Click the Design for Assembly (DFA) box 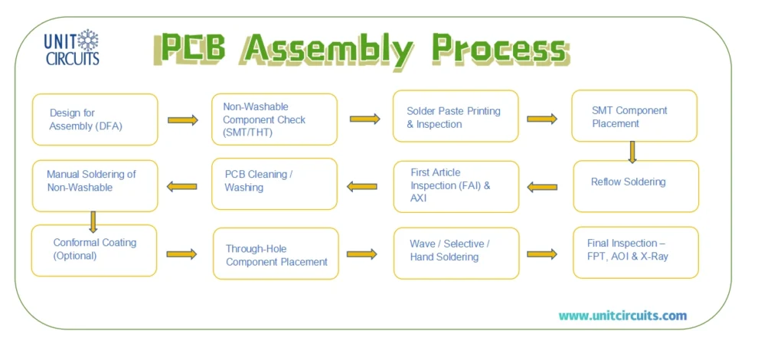point(94,119)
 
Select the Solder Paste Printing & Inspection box point(456,116)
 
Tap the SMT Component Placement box point(634,116)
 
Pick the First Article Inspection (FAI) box point(456,186)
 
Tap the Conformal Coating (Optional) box point(94,250)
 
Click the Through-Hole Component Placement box point(276,254)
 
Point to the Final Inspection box point(635,252)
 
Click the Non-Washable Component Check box point(274,119)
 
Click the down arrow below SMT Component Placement point(632,152)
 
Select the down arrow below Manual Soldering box point(93,221)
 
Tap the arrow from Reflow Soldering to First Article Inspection point(542,186)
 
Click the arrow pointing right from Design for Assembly point(183,120)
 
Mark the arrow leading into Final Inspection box point(542,254)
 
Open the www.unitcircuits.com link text point(622,316)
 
